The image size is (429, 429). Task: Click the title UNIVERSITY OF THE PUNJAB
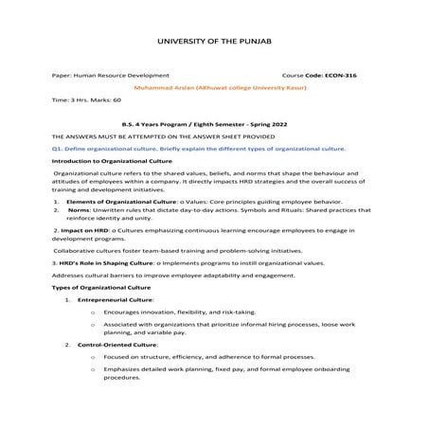(213, 42)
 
